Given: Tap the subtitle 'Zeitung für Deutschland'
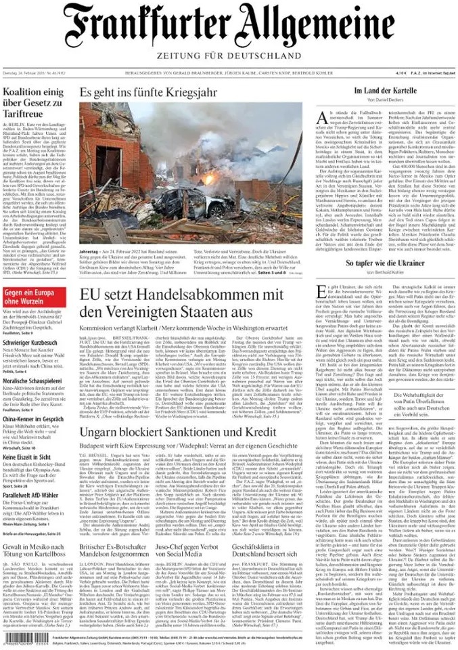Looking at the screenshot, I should [x=229, y=55].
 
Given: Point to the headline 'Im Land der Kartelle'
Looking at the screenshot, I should [x=384, y=91].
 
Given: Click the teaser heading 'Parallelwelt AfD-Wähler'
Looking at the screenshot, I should [x=34, y=496].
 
